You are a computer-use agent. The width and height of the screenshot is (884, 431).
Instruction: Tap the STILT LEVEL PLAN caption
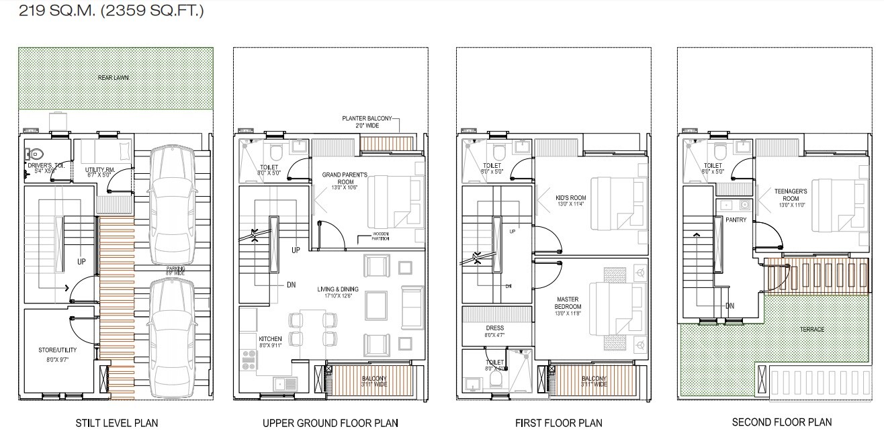[x=117, y=422]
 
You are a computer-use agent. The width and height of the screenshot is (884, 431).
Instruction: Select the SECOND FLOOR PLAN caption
[x=781, y=422]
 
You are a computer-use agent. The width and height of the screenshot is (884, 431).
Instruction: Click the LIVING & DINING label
[x=338, y=292]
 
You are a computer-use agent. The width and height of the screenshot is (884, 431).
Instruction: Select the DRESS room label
[x=494, y=329]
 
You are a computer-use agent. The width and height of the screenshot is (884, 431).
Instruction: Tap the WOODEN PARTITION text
[x=375, y=237]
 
